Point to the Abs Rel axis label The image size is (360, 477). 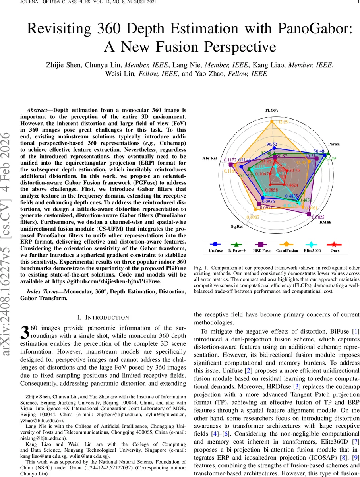tap(210, 158)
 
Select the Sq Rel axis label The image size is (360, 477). tap(237, 226)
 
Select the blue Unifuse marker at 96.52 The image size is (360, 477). tap(272, 149)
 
